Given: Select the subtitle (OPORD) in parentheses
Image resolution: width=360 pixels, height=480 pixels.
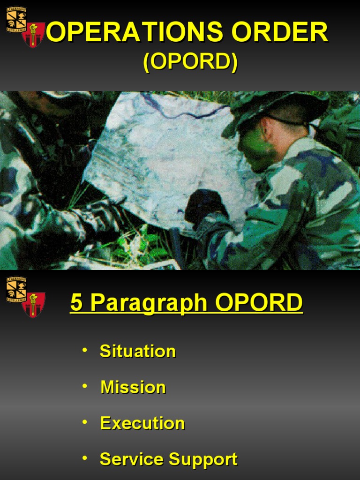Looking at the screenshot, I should point(190,63).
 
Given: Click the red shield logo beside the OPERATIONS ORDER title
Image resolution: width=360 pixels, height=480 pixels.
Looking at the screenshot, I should point(33,35).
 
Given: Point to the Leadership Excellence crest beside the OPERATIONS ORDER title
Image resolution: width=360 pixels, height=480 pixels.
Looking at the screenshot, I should point(16,19).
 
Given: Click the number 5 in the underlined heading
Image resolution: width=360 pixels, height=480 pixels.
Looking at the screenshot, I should point(76,303).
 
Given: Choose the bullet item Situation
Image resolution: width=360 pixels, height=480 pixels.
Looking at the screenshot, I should point(137,351).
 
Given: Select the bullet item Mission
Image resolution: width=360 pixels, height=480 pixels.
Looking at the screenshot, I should point(133,387).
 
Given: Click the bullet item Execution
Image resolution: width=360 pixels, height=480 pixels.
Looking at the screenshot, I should point(142,423).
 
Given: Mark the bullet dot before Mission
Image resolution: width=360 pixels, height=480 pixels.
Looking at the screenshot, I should point(84,386).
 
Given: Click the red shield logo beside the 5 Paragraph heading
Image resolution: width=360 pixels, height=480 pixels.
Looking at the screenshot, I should point(33,305).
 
